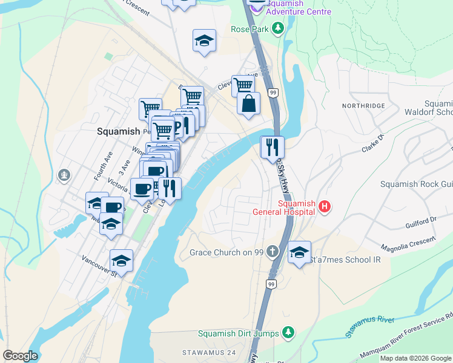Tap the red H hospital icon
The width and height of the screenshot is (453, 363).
[x=325, y=207]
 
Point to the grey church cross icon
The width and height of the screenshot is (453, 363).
[x=273, y=251]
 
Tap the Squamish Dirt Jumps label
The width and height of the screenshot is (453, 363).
[x=239, y=333]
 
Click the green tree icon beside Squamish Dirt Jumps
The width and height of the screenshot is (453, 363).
[x=289, y=333]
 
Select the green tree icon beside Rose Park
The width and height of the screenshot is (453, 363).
[x=278, y=28]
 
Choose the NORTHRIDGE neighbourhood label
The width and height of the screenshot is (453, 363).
[x=363, y=105]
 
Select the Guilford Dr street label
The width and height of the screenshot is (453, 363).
[x=420, y=224]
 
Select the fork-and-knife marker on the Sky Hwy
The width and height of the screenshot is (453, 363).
[x=273, y=147]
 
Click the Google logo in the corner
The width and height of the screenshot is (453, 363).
[x=21, y=356]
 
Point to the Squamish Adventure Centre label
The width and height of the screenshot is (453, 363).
[x=299, y=7]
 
